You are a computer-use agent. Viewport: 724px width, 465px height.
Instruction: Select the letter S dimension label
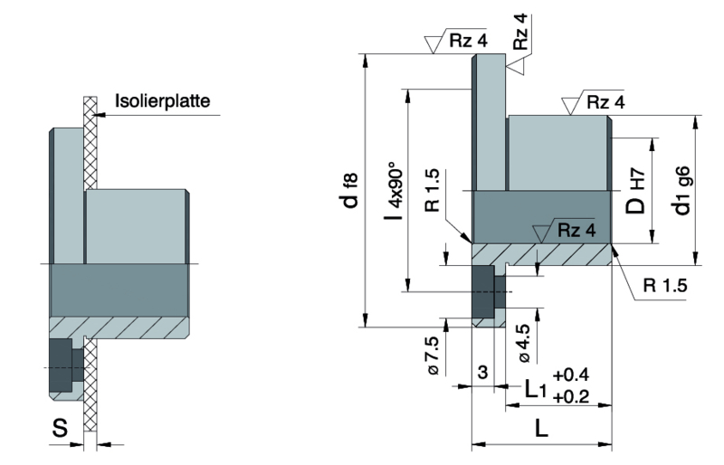[59, 428]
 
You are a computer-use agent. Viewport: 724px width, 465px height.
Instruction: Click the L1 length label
[536, 390]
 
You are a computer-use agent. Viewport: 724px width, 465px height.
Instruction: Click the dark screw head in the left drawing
[64, 365]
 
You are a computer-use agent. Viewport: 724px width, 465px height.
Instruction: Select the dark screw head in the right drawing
[483, 293]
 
